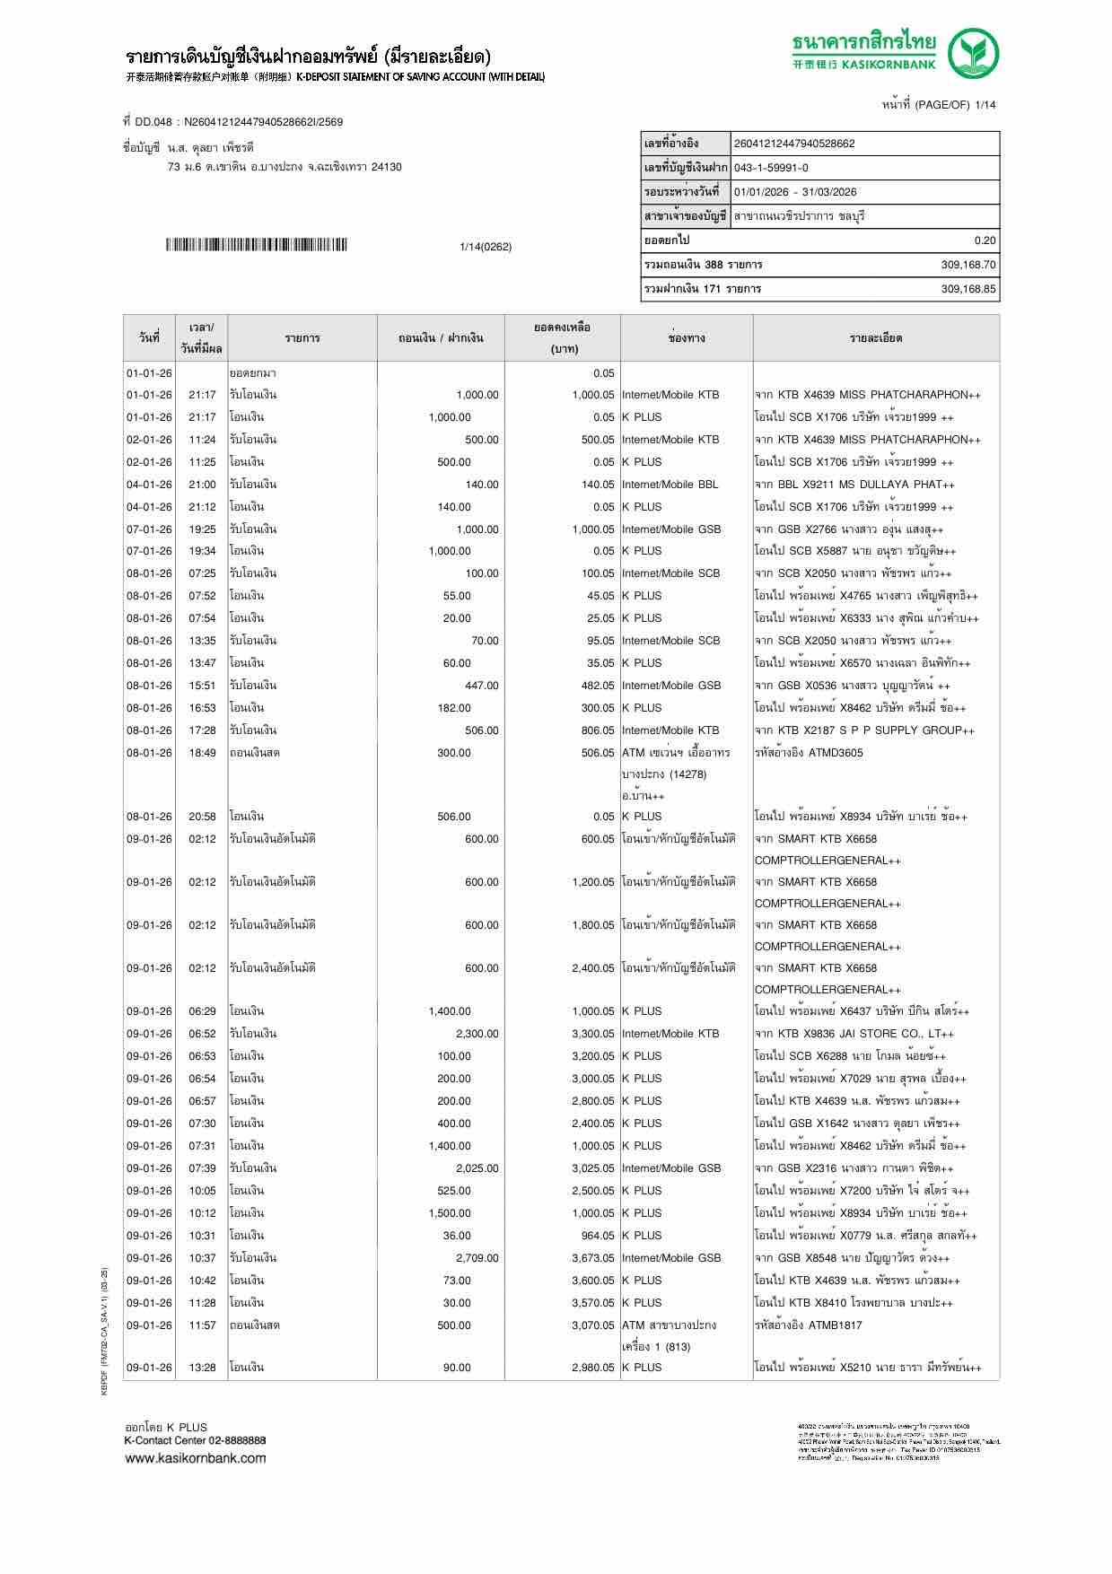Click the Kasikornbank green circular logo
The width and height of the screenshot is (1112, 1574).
click(x=973, y=53)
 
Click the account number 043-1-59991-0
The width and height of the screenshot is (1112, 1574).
click(x=771, y=168)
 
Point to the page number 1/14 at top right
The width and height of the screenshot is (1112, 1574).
click(x=985, y=105)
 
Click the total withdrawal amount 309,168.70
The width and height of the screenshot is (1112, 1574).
click(x=968, y=265)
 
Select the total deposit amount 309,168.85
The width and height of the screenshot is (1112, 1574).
click(x=968, y=289)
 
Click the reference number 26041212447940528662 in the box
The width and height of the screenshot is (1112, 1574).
click(x=794, y=144)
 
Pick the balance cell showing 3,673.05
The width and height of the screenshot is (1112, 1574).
click(x=592, y=1258)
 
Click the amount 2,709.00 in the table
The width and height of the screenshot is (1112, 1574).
click(x=477, y=1258)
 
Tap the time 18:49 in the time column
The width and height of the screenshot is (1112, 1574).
click(x=202, y=753)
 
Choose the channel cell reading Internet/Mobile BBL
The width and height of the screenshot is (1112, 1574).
click(x=670, y=485)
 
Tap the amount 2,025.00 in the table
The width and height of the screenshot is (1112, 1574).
click(x=477, y=1168)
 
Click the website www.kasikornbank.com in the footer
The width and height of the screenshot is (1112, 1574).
click(x=195, y=1458)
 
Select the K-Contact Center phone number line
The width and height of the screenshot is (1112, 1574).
click(x=195, y=1440)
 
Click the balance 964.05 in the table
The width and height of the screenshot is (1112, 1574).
click(x=598, y=1236)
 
